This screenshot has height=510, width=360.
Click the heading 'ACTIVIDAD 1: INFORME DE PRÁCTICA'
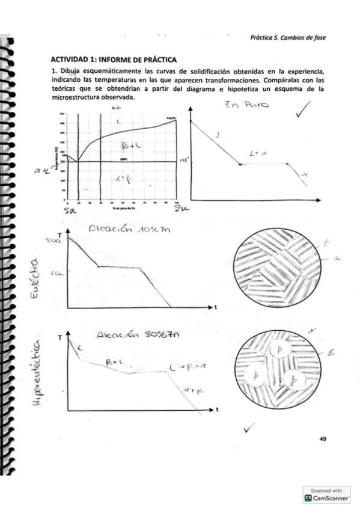(x=114, y=59)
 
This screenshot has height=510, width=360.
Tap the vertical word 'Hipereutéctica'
(x=38, y=379)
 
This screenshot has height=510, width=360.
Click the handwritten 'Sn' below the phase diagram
(x=71, y=210)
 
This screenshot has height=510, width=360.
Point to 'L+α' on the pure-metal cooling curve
(x=258, y=155)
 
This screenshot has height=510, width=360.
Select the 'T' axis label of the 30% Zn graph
(x=59, y=339)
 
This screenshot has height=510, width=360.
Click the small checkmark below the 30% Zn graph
(x=249, y=428)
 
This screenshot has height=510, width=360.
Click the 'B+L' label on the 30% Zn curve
(x=114, y=363)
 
